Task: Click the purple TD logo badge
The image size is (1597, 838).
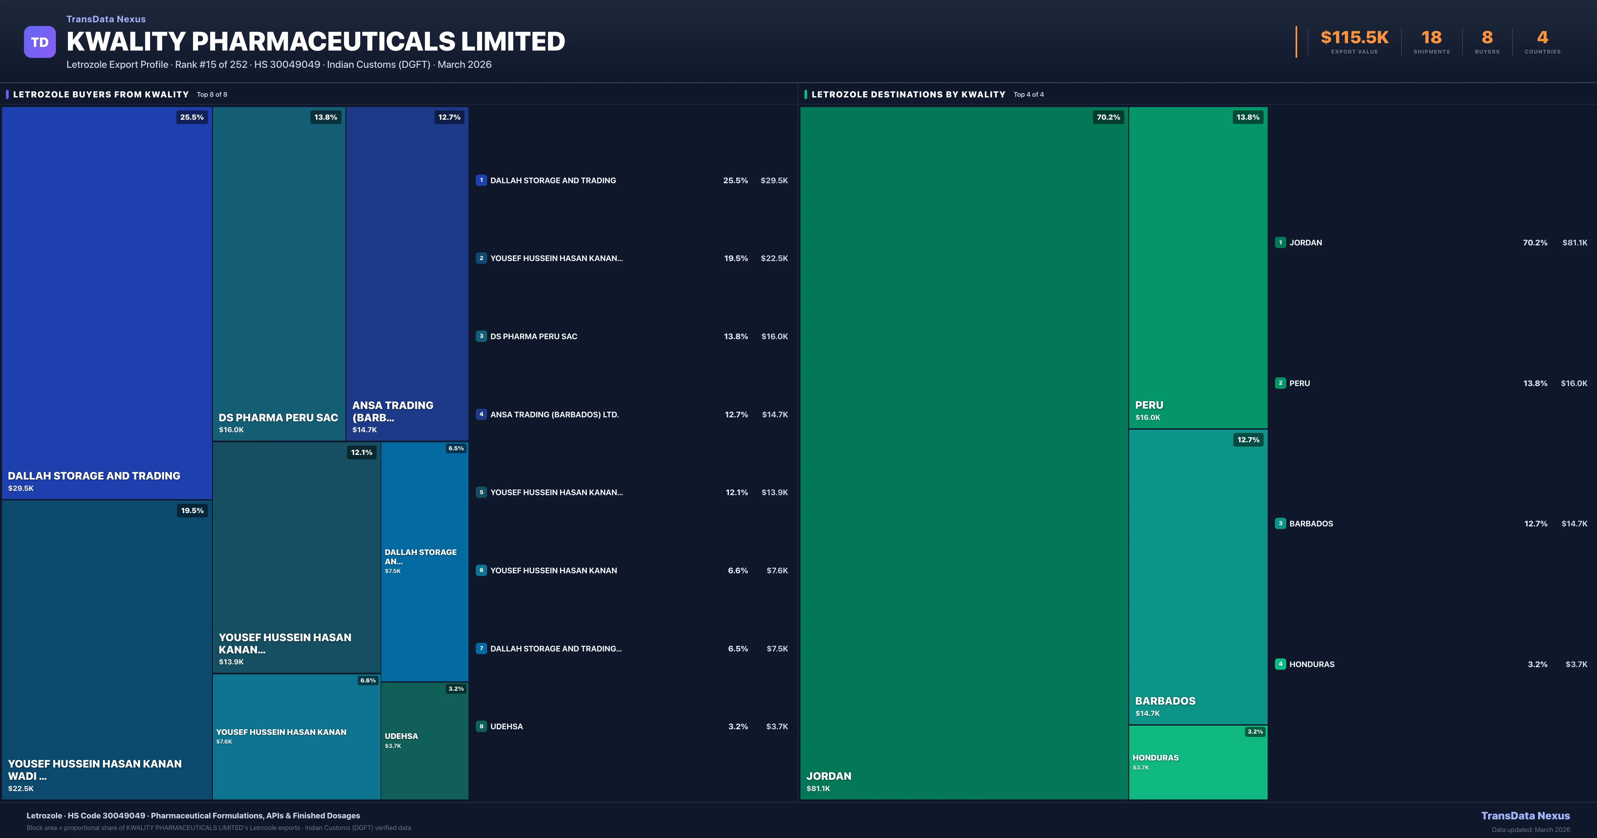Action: [40, 42]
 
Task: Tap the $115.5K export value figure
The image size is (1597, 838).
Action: [1354, 38]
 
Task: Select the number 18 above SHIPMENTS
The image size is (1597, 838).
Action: [1431, 38]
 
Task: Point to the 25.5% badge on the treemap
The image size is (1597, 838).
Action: [192, 117]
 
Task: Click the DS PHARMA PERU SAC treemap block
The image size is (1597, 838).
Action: [278, 273]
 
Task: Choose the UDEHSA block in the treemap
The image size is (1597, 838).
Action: [424, 741]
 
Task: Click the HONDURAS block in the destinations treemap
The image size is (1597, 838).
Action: [1198, 763]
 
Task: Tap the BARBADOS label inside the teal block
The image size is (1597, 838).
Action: [1165, 701]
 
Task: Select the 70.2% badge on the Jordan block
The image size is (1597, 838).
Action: [1108, 117]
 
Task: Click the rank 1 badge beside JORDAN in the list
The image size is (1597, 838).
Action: [1280, 242]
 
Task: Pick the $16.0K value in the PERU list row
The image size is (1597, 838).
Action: [1573, 383]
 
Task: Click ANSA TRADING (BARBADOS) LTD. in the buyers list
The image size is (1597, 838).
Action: [554, 415]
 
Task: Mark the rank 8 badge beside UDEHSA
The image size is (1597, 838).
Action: [481, 726]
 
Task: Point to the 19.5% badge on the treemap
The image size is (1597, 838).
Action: [192, 511]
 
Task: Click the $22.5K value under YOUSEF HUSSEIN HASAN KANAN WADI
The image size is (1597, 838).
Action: [21, 788]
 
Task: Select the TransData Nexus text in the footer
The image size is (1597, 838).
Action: [1525, 816]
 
